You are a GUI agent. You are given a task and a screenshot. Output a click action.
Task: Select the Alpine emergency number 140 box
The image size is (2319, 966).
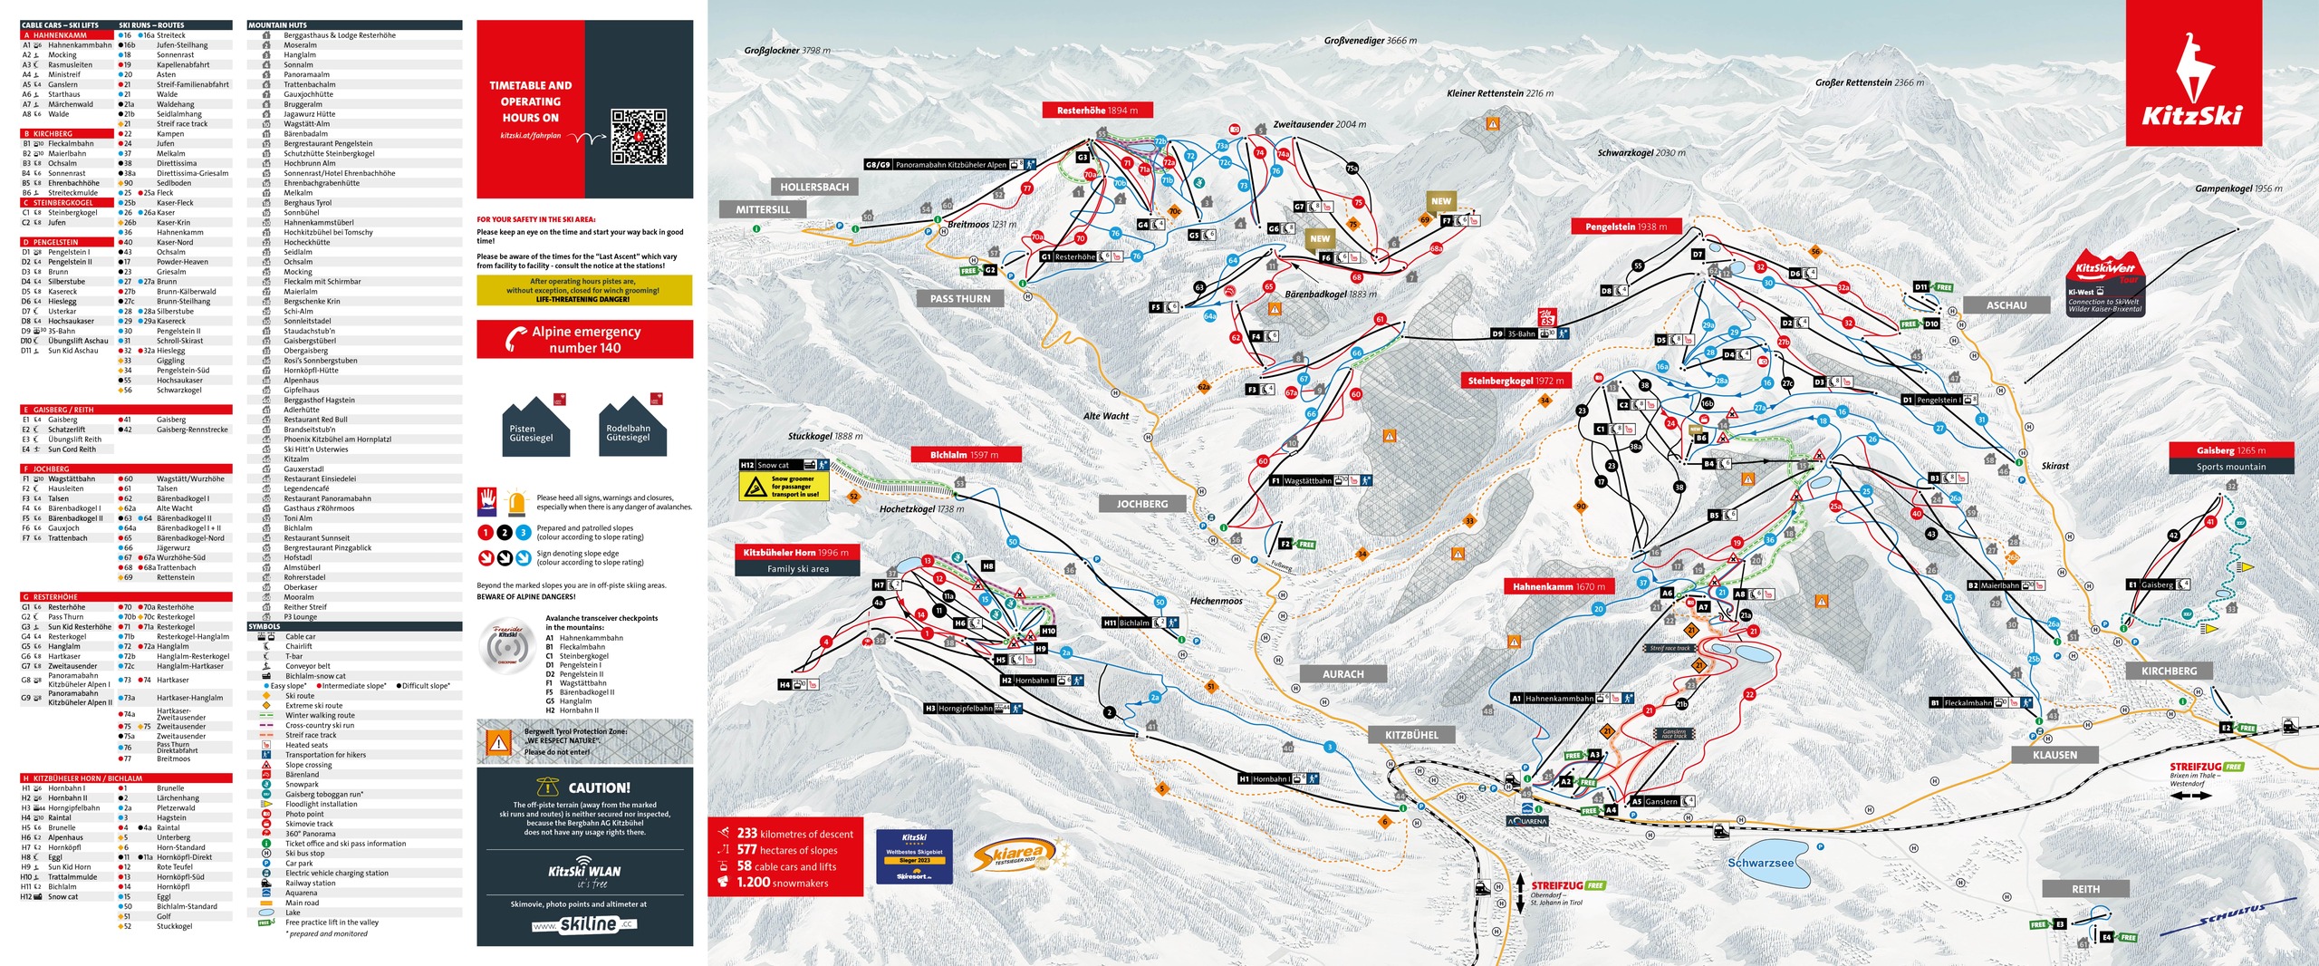point(584,340)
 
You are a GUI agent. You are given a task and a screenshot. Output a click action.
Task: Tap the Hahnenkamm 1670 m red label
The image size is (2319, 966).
point(1558,586)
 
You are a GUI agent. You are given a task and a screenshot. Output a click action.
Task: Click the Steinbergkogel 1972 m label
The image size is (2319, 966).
point(1515,381)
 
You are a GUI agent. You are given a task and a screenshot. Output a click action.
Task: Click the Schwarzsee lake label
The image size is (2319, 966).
point(1759,863)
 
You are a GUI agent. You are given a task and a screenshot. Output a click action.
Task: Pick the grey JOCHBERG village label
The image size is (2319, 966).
point(1141,504)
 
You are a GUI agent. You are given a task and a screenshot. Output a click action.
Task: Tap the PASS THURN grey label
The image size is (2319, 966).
point(960,298)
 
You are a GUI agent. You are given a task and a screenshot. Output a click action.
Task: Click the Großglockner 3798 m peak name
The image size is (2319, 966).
point(786,51)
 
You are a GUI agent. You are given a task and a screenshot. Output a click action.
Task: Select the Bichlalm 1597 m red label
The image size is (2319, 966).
point(965,455)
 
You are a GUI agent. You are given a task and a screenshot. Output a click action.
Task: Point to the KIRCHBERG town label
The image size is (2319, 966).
point(2169,671)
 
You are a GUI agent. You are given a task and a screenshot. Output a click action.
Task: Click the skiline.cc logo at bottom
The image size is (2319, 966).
point(584,924)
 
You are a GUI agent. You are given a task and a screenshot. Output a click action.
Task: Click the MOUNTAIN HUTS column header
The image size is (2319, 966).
point(278,25)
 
